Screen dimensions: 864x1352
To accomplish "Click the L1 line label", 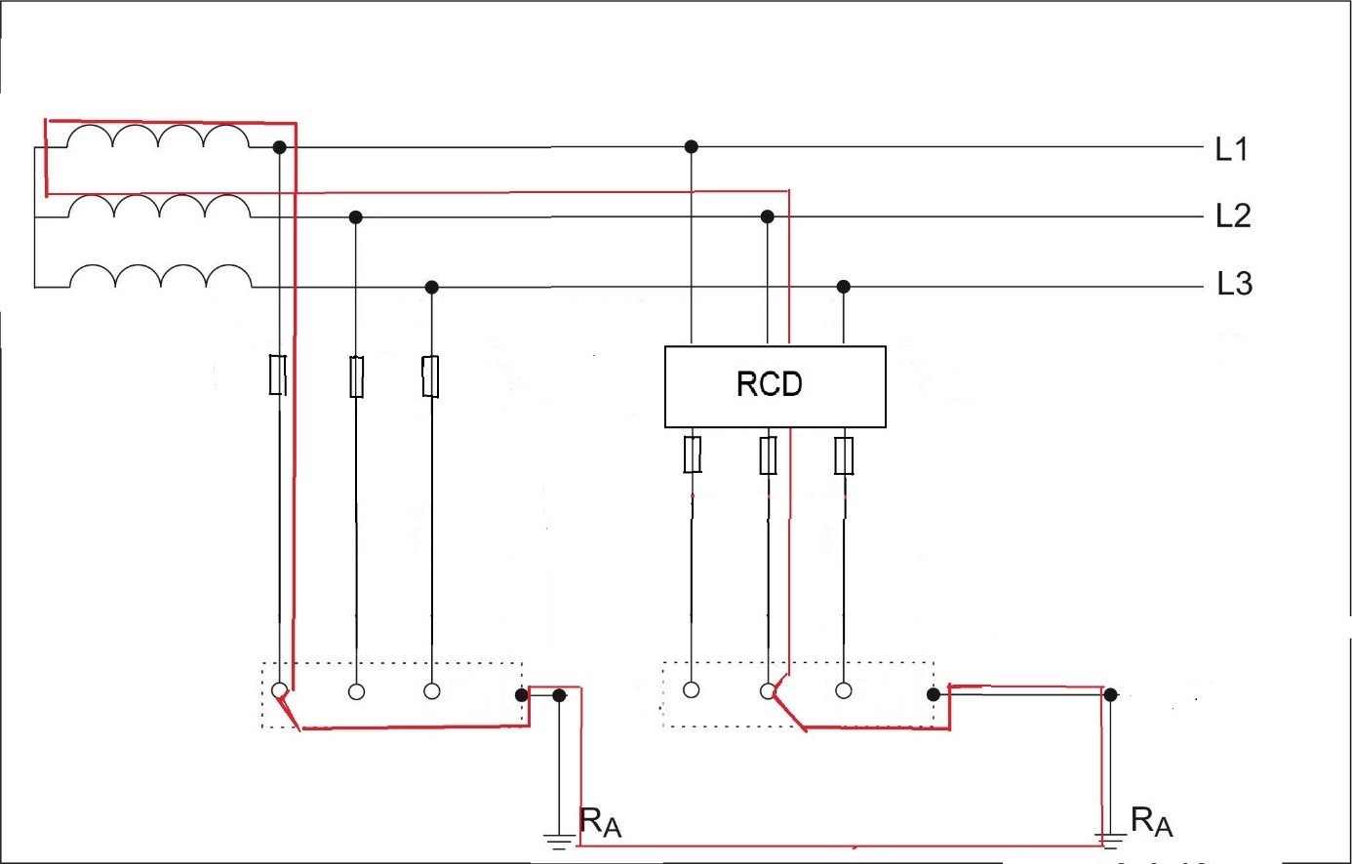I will (1231, 149).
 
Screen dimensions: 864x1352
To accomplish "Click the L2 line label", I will (1233, 216).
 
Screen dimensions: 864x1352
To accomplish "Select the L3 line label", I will (1234, 284).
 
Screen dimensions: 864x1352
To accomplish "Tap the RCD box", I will (775, 386).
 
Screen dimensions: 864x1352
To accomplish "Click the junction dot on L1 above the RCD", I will (692, 146).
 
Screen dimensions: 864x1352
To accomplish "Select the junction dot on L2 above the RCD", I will (768, 216).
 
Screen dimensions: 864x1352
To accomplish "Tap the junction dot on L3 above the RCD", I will (844, 287).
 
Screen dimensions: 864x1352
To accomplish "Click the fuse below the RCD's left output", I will (693, 454).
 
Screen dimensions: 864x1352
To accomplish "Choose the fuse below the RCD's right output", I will (845, 455).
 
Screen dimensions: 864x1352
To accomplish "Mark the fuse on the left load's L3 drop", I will (430, 376).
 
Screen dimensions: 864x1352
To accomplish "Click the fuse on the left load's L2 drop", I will (357, 376).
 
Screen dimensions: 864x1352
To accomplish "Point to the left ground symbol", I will (559, 839).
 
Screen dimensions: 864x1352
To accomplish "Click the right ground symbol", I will (1109, 839).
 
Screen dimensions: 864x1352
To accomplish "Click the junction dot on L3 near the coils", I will (432, 287).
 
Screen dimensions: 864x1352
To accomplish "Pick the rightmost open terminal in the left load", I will (432, 690).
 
